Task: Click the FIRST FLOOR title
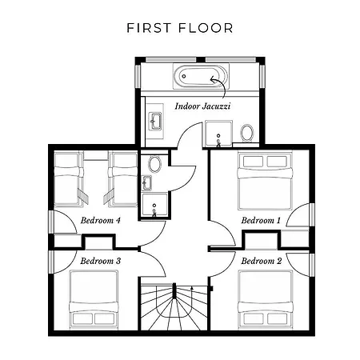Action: pyautogui.click(x=180, y=28)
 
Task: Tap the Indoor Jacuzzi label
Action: pyautogui.click(x=202, y=106)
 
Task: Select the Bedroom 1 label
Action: pyautogui.click(x=261, y=221)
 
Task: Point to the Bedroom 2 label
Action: pyautogui.click(x=262, y=261)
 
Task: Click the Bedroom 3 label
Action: pyautogui.click(x=101, y=261)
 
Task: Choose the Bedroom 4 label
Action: pyautogui.click(x=101, y=221)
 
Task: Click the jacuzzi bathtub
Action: pyautogui.click(x=201, y=76)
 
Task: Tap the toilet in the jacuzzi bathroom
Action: pyautogui.click(x=247, y=133)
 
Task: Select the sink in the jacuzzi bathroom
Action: pyautogui.click(x=155, y=122)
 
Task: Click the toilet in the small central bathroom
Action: pyautogui.click(x=155, y=164)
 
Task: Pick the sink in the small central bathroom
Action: pyautogui.click(x=146, y=183)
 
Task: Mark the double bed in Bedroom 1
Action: pyautogui.click(x=265, y=181)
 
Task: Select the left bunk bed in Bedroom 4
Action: pyautogui.click(x=69, y=179)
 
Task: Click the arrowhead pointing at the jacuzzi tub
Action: pyautogui.click(x=213, y=79)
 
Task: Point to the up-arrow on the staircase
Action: pyautogui.click(x=191, y=289)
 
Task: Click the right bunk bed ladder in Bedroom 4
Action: pyautogui.click(x=109, y=197)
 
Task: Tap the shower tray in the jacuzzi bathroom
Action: pyautogui.click(x=218, y=133)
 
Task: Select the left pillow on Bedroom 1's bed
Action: pyautogui.click(x=253, y=162)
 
